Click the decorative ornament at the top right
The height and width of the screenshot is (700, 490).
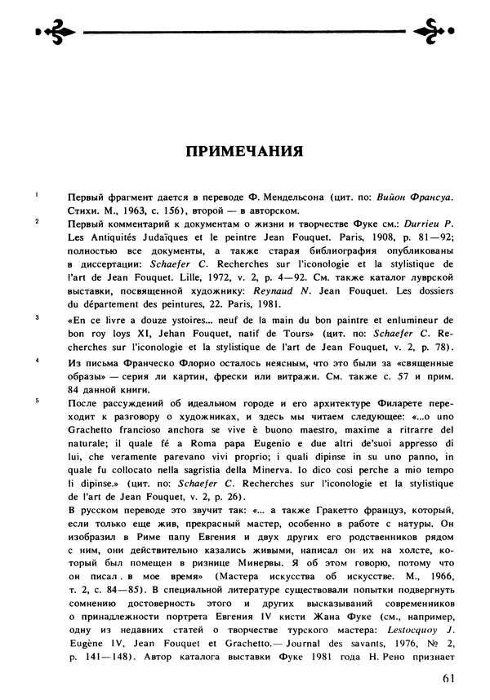tap(434, 33)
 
